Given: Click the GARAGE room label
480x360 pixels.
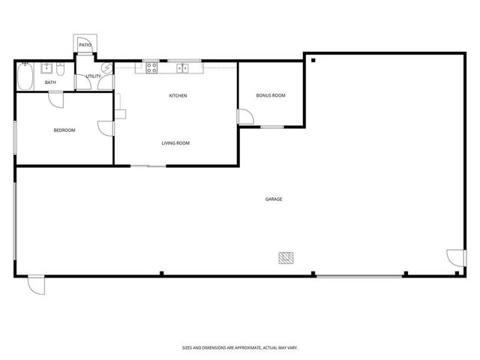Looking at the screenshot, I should click(274, 199).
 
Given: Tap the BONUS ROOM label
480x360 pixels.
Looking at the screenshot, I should click(271, 95).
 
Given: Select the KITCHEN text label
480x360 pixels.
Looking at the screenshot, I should click(178, 96).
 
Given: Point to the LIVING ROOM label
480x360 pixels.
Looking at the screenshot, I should click(175, 143).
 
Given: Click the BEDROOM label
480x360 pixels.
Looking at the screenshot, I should click(64, 130).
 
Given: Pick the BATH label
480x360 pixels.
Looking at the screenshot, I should click(50, 82).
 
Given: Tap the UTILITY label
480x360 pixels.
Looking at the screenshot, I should click(93, 76).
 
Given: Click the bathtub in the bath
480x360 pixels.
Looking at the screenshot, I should click(25, 77).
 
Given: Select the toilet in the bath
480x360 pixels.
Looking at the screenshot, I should click(64, 70).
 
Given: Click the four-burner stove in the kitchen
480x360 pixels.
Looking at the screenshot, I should click(151, 67).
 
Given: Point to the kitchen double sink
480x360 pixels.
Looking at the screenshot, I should click(182, 67).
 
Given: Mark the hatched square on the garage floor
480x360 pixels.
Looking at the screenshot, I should click(286, 258).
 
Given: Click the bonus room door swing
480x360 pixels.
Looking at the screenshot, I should click(244, 117).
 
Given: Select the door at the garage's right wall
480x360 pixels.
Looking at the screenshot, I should click(455, 258).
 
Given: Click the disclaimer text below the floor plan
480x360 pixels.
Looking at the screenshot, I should click(240, 347).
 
